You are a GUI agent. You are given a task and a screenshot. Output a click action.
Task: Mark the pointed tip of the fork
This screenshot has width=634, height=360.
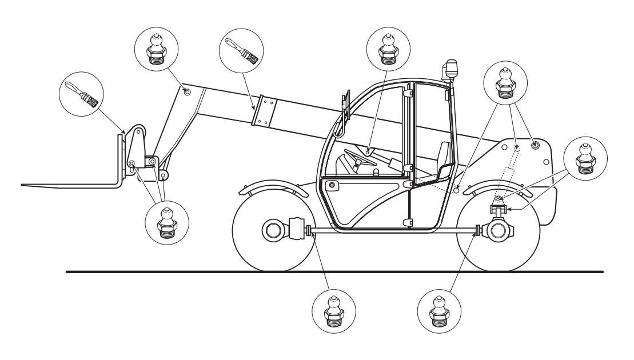pyautogui.click(x=23, y=185)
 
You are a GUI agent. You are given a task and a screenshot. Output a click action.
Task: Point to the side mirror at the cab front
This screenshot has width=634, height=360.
pyautogui.click(x=345, y=107)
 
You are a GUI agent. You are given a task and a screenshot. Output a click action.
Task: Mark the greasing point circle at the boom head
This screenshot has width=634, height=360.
pyautogui.click(x=186, y=91)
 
